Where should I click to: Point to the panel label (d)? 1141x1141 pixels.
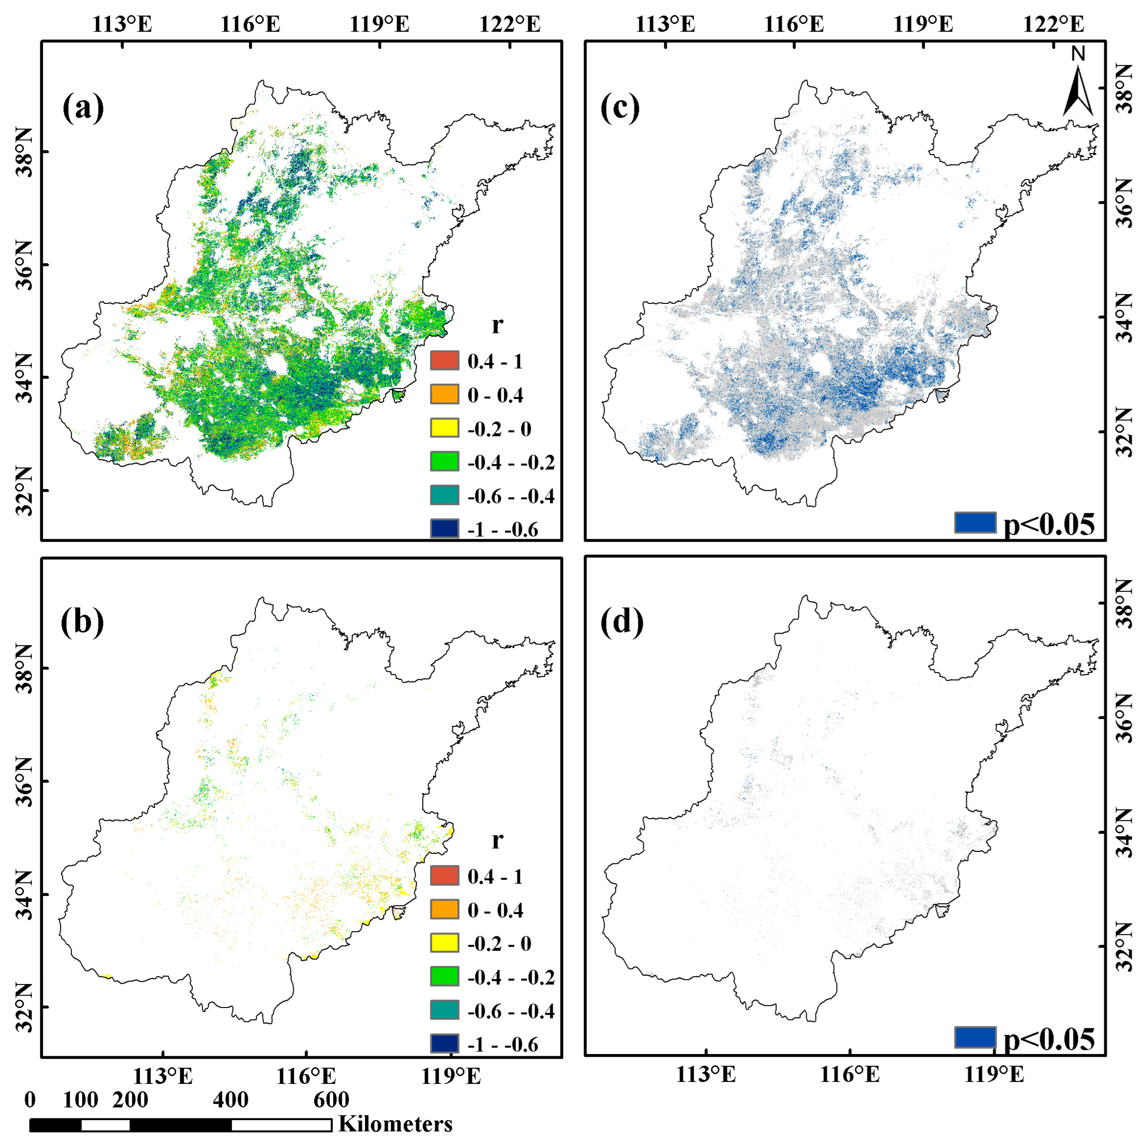tap(622, 622)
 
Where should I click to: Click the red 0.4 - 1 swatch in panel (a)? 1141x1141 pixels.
tap(445, 360)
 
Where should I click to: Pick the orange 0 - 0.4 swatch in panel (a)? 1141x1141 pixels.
tap(445, 394)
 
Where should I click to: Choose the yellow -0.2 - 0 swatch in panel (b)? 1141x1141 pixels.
tap(445, 943)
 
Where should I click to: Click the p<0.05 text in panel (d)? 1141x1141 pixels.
tap(1049, 1039)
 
